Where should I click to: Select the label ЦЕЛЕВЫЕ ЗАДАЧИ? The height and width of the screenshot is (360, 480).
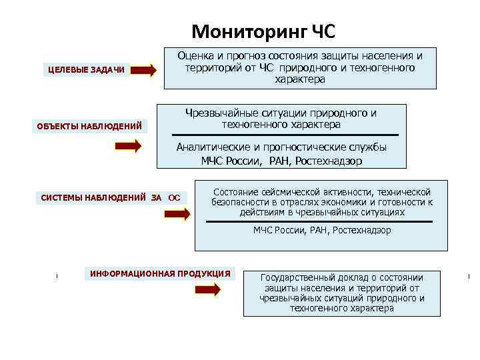pos(85,70)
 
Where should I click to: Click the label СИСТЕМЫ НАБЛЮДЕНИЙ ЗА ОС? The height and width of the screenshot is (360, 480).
pos(110,197)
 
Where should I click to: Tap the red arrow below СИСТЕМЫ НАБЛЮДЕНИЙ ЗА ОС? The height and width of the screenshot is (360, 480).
pos(177,214)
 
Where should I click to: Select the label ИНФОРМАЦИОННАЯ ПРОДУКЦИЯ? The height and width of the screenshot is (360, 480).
pos(160,273)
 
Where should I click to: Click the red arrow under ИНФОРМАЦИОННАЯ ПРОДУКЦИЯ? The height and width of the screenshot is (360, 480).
pos(207,289)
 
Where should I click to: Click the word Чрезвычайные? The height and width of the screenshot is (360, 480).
pos(217,113)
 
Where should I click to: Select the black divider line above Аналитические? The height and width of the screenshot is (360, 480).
pos(281,135)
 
